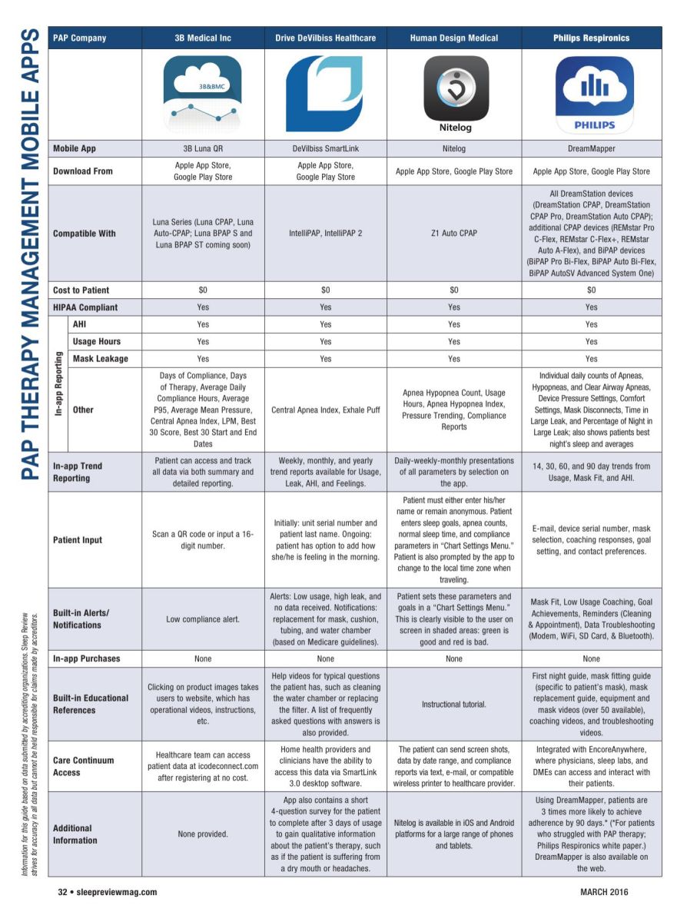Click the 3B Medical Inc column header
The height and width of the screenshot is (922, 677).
coord(203,38)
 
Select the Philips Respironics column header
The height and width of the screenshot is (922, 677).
coord(591,38)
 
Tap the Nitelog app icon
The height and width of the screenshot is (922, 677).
coord(455,94)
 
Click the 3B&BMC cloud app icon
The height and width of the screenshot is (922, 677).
coord(203,94)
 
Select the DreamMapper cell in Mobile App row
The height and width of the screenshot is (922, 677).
coord(591,148)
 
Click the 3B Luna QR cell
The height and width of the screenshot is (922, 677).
coord(203,148)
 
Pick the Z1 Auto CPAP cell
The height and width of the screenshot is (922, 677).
coord(454,233)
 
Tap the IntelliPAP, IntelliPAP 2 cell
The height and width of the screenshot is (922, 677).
coord(325,233)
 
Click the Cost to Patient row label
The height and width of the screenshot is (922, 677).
coord(81,290)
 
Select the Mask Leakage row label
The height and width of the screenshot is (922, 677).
coord(100,359)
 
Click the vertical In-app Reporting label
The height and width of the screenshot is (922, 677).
coord(58,384)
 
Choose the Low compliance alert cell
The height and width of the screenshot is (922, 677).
coord(203,619)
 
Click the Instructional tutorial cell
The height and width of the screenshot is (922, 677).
coord(454,704)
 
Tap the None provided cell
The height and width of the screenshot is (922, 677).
coord(203,834)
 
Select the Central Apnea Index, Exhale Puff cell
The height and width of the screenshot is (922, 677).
coord(325,410)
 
